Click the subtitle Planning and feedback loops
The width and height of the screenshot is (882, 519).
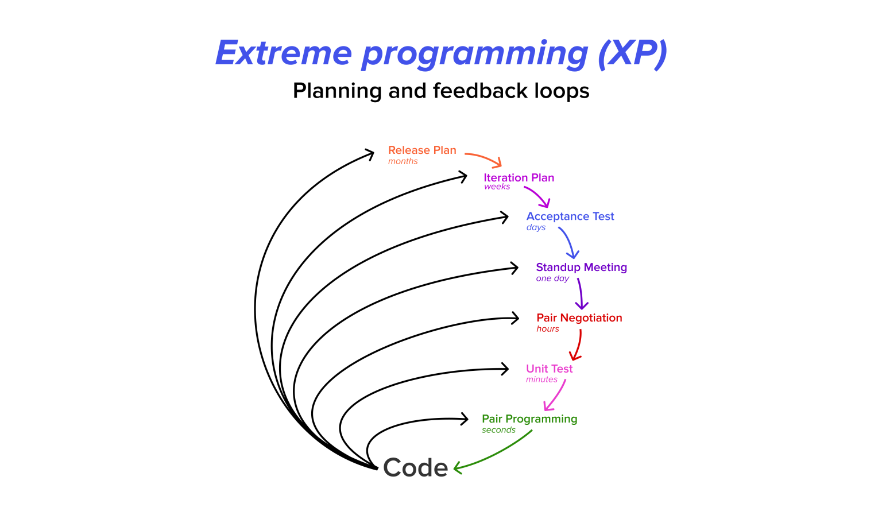pos(441,91)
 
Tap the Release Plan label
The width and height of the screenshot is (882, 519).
pos(422,150)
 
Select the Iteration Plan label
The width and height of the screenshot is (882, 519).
pos(519,177)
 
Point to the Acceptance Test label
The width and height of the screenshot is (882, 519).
pos(570,216)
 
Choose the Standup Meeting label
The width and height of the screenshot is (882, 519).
pos(581,267)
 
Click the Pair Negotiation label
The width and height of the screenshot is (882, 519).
pos(579,317)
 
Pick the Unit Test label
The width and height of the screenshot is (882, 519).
pos(549,369)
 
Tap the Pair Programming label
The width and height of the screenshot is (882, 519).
pos(529,419)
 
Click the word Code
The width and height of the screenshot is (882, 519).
pos(415,467)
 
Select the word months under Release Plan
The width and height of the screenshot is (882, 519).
pos(403,161)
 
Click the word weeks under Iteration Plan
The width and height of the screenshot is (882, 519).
pos(497,187)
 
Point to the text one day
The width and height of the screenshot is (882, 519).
pos(552,278)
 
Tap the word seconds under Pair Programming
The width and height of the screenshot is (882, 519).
pos(498,430)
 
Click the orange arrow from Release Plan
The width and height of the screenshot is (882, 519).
pos(484,157)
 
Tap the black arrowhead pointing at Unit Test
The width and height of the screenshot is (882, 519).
pos(505,369)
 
